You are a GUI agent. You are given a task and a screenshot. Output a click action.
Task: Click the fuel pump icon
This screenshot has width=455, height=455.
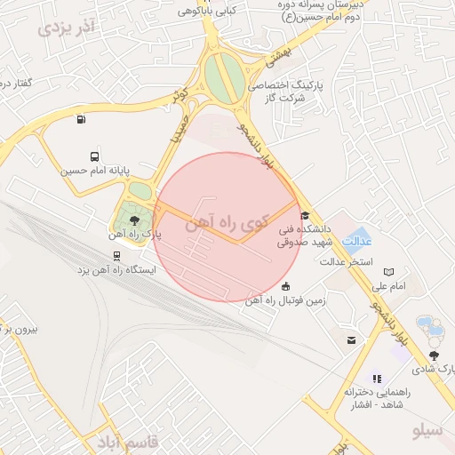(x=82, y=120)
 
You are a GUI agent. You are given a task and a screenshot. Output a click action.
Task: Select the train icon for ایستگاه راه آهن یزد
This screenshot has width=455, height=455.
(x=118, y=252)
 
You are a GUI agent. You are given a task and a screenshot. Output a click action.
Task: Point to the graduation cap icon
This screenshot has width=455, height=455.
(x=305, y=215)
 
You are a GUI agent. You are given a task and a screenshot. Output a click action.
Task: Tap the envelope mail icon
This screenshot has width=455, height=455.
(x=352, y=340)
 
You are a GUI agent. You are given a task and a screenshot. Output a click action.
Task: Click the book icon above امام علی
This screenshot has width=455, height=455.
(x=387, y=272)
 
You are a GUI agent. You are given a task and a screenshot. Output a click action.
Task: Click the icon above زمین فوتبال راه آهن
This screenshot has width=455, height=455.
(x=285, y=286)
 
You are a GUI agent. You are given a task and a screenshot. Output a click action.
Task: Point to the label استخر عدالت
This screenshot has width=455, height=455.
(x=347, y=262)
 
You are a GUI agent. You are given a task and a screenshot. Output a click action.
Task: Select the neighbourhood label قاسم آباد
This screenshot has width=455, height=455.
(x=125, y=441)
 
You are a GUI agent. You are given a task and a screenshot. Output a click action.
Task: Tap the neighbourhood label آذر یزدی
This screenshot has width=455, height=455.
(x=67, y=27)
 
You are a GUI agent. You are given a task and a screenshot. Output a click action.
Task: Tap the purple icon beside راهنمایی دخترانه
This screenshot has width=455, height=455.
(x=375, y=379)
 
